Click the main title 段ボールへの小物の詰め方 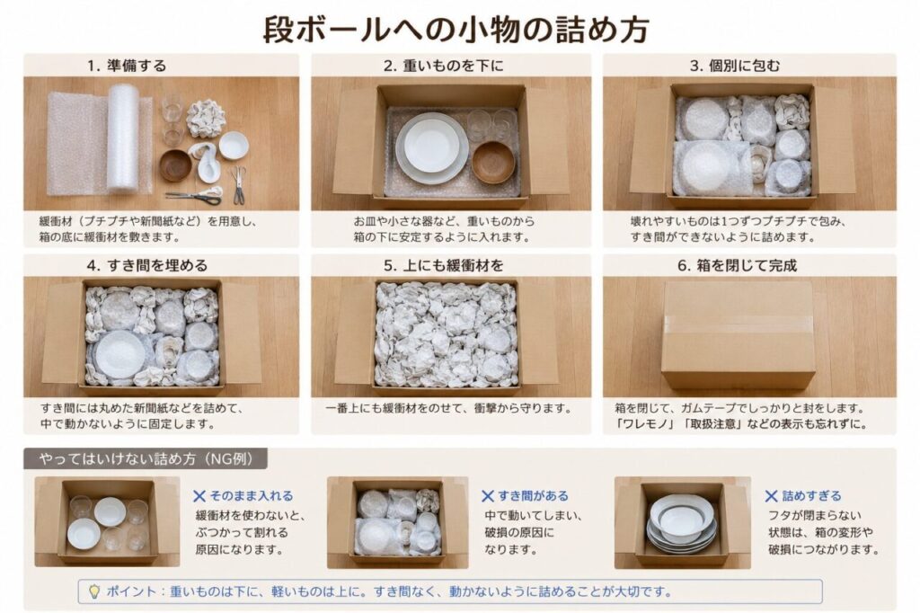[456, 29]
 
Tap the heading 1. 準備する [127, 66]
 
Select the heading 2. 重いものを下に [444, 66]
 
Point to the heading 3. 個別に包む [735, 66]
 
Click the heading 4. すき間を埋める [147, 265]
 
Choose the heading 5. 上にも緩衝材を [444, 265]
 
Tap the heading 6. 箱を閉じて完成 [738, 265]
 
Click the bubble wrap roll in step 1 [122, 138]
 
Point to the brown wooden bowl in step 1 [175, 165]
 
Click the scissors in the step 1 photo [195, 197]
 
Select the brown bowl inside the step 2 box [493, 162]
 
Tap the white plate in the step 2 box [432, 147]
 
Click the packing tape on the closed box [739, 324]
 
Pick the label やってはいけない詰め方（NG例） [146, 458]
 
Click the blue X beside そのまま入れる [199, 496]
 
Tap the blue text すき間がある [534, 495]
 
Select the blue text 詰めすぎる [811, 495]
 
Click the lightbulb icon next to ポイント [93, 591]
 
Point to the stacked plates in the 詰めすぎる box [681, 522]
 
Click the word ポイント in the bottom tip [131, 591]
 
